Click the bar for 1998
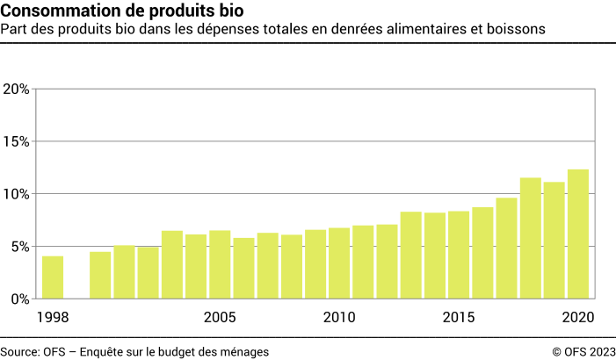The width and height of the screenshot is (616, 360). (x=53, y=277)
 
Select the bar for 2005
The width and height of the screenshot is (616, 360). (x=220, y=264)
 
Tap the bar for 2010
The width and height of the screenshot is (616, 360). (x=339, y=263)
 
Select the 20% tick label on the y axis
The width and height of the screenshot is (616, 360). (x=17, y=89)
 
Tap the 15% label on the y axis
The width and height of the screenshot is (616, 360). (x=17, y=141)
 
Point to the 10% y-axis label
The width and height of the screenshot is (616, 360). (x=17, y=193)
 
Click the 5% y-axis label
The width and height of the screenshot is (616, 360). (x=20, y=246)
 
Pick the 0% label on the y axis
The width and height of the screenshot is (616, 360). (x=20, y=299)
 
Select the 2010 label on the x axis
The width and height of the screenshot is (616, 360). (x=339, y=317)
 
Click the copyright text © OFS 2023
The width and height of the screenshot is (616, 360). (x=583, y=351)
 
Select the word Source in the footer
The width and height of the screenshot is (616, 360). (x=19, y=351)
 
